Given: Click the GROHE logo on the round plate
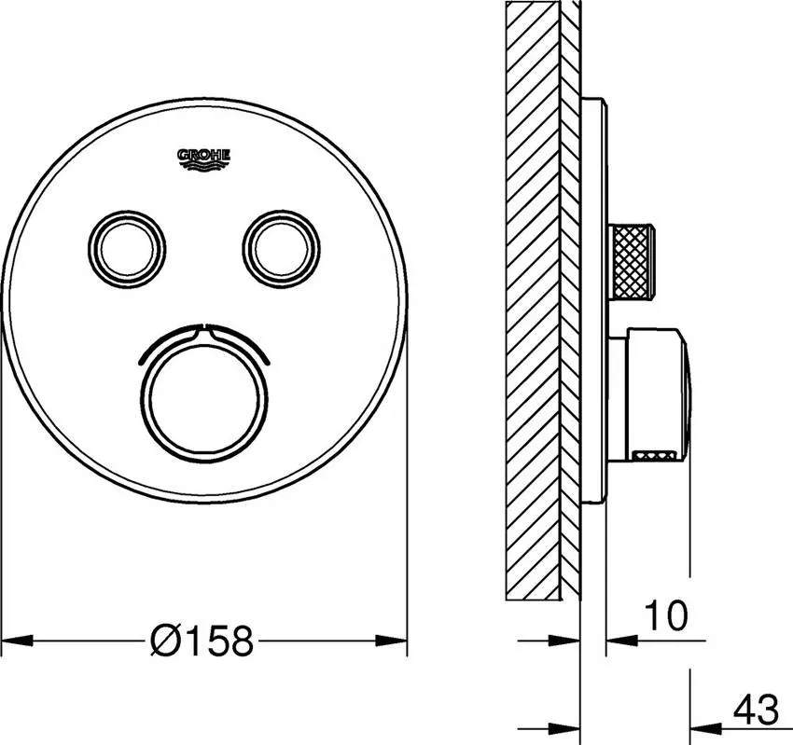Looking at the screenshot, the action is coord(203,159).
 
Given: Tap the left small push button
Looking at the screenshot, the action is coord(127,249).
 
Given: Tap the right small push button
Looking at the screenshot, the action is coord(281,249).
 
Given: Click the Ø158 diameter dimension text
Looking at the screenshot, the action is coord(202,641).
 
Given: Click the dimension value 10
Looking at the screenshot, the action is coord(666,615).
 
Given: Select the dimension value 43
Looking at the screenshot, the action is coord(757,710).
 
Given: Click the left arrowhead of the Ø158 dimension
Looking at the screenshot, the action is coord(17,641).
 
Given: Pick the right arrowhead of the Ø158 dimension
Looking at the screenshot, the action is coord(392,641).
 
